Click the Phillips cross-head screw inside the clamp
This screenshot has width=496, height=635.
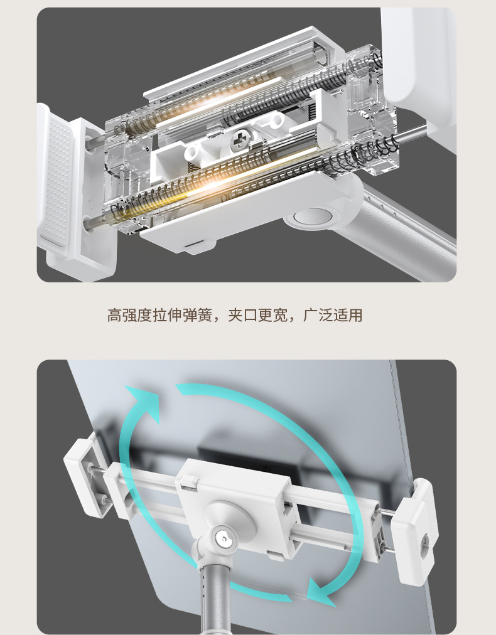tap(239, 140)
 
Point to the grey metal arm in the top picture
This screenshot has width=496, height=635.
tap(401, 227)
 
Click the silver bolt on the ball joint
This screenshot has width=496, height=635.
tap(224, 537)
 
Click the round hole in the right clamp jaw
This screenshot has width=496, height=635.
tap(425, 540)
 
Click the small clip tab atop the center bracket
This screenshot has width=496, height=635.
tap(189, 481)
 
